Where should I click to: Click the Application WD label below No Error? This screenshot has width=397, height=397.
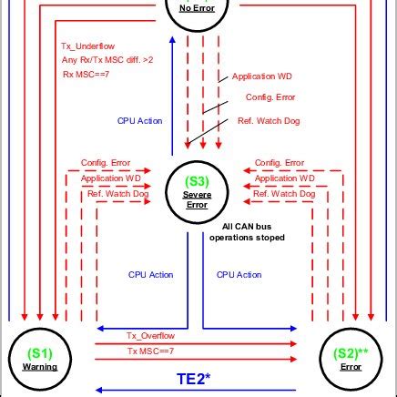click(x=263, y=76)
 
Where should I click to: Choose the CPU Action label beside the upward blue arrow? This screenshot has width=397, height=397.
click(x=139, y=120)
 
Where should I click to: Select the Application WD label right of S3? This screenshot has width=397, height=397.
click(x=285, y=178)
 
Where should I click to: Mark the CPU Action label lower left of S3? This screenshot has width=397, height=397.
click(x=150, y=274)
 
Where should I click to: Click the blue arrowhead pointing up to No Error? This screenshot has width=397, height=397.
click(x=176, y=40)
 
